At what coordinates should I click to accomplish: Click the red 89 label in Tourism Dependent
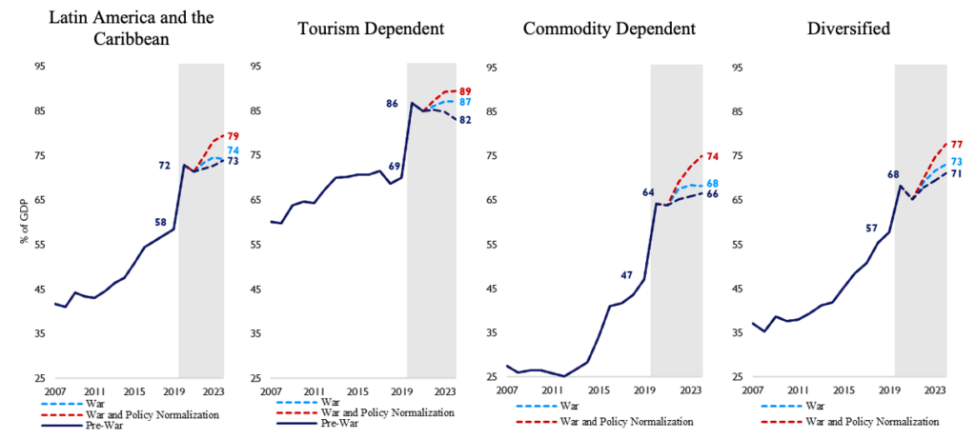pos(466,91)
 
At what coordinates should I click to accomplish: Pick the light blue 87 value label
pos(465,102)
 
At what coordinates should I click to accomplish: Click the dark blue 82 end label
pos(465,120)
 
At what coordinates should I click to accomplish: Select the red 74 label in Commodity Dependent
pos(711,156)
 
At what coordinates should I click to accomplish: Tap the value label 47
pos(626,275)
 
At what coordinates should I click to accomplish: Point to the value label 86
pos(391,103)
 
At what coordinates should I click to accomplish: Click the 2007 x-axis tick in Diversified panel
pos(753,391)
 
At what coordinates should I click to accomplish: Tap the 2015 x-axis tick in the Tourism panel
pos(357,391)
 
